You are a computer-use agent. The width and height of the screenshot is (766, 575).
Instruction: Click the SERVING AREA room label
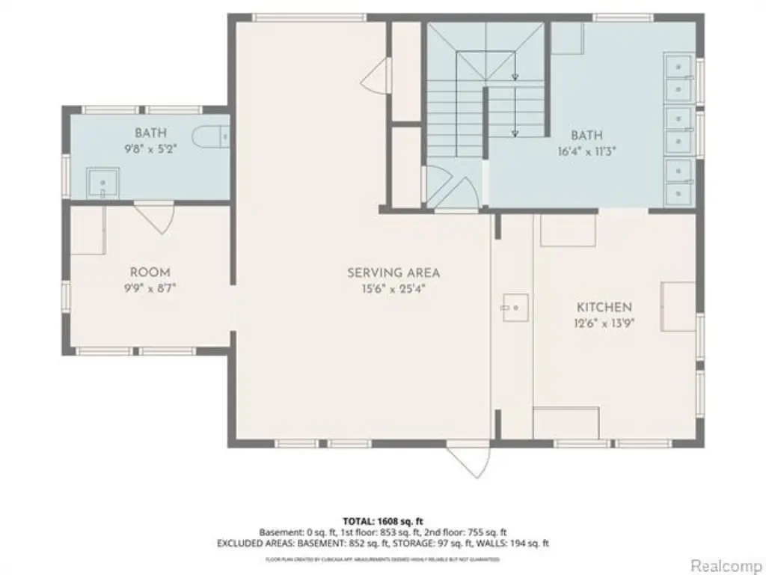point(393,273)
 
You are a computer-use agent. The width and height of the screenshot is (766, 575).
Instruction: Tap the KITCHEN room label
point(604,307)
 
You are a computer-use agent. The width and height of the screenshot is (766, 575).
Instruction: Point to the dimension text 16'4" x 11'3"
point(586,150)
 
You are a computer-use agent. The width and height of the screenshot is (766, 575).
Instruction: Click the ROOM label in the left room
point(150,273)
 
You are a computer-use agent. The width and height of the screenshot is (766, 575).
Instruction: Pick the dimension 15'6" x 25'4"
point(393,287)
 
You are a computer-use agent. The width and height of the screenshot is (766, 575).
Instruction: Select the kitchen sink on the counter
point(515,307)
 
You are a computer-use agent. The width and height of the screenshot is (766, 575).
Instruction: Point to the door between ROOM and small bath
point(156,217)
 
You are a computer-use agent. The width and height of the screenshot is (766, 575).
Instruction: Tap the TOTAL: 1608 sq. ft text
point(383,520)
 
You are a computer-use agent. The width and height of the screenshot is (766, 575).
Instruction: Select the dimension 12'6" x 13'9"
point(604,322)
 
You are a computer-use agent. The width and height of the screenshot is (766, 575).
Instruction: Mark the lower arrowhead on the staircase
point(515,133)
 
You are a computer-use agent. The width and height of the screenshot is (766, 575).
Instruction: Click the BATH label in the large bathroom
point(586,136)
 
